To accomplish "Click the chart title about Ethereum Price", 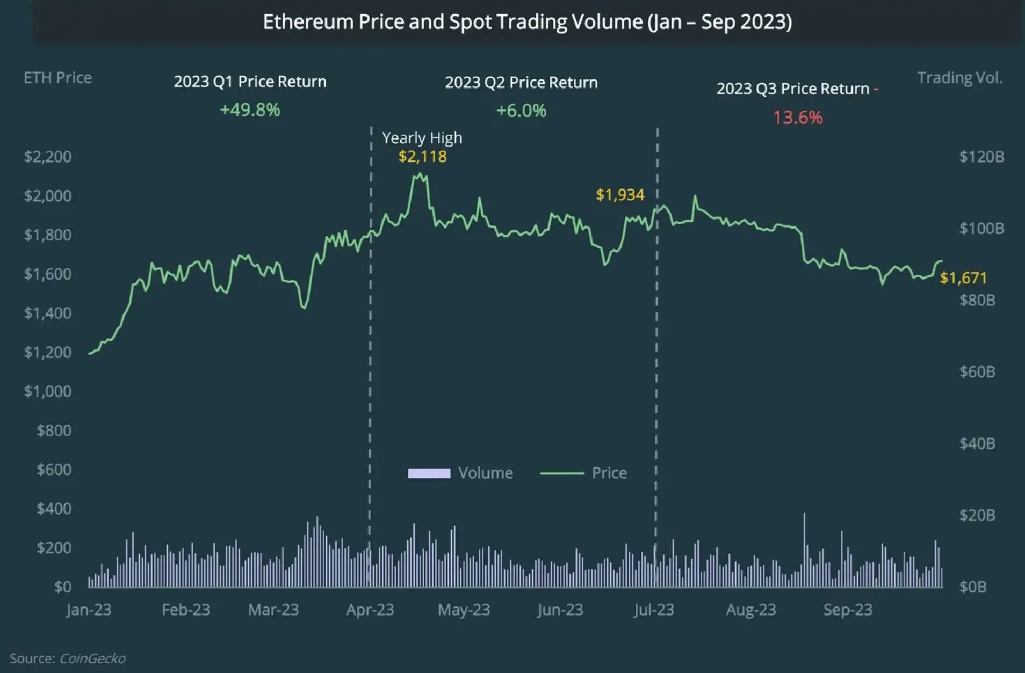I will click(x=527, y=22).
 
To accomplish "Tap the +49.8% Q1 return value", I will click(x=250, y=110).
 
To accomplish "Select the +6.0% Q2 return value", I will click(x=521, y=111).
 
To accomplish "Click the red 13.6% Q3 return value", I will click(x=797, y=118).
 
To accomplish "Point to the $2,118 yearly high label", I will click(x=422, y=157).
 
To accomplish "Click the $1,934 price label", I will click(x=620, y=195).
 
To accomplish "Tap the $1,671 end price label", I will click(x=963, y=278).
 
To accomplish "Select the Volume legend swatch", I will click(x=429, y=473).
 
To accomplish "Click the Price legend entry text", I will click(x=609, y=473).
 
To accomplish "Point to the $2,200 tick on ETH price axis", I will click(x=47, y=157).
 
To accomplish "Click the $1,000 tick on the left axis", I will click(x=47, y=391).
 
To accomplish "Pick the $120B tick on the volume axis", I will click(x=981, y=157).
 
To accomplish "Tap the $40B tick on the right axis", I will click(x=977, y=443).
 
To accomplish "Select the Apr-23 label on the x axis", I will click(x=370, y=610).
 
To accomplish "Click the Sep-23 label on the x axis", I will click(x=848, y=610).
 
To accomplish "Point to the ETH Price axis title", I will click(x=57, y=78).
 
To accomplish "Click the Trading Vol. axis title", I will click(x=959, y=78).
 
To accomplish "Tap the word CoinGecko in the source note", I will click(x=92, y=659).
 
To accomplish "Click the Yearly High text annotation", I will click(x=422, y=138).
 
